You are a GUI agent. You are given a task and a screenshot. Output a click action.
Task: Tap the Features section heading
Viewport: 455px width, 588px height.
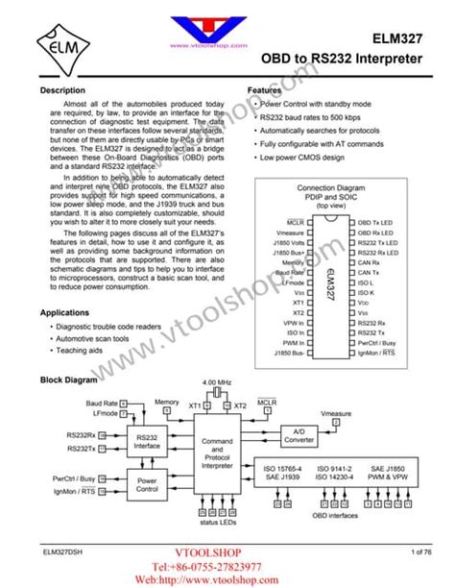[266, 90]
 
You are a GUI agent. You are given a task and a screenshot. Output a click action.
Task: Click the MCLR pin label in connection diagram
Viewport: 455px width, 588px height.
[296, 222]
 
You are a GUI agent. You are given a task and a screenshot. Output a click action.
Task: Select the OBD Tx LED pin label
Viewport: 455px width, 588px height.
[375, 222]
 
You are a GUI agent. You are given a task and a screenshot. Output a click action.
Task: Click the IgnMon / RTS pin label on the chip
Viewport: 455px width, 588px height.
[376, 354]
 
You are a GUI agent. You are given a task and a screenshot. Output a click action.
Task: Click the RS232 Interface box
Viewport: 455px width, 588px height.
[147, 441]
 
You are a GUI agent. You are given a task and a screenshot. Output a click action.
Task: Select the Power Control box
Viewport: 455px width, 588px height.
[147, 483]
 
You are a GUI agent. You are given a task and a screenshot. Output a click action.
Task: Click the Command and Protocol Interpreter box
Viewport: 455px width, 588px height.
[217, 454]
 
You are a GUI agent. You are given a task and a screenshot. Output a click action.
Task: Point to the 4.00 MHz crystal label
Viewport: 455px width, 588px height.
[218, 382]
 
